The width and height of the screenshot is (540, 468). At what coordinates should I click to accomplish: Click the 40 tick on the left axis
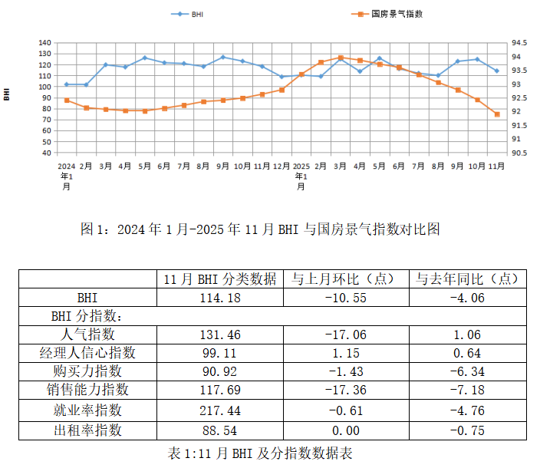pos(47,153)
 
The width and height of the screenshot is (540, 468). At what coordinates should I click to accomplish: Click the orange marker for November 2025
pos(497,114)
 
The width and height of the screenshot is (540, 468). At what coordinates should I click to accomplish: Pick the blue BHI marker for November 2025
pos(497,71)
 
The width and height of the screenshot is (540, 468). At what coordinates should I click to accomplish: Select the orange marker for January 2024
pos(67,101)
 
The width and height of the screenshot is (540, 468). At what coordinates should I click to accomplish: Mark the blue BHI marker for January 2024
pos(67,84)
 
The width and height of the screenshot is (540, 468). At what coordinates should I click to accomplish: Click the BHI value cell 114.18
pos(220,297)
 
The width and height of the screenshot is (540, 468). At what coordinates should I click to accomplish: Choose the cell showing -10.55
pos(344,297)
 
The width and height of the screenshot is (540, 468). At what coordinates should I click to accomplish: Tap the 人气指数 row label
pos(87,334)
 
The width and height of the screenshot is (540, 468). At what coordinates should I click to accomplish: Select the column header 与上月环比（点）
pos(344,278)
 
